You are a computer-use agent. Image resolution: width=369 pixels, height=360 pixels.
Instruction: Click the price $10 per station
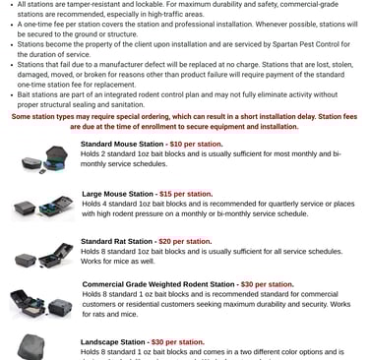pos(197,144)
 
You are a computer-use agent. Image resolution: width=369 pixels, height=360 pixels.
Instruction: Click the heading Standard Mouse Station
pos(122,144)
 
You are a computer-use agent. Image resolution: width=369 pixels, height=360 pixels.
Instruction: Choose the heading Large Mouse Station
pos(116,195)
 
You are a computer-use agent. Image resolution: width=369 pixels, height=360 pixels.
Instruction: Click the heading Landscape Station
pos(113,342)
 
